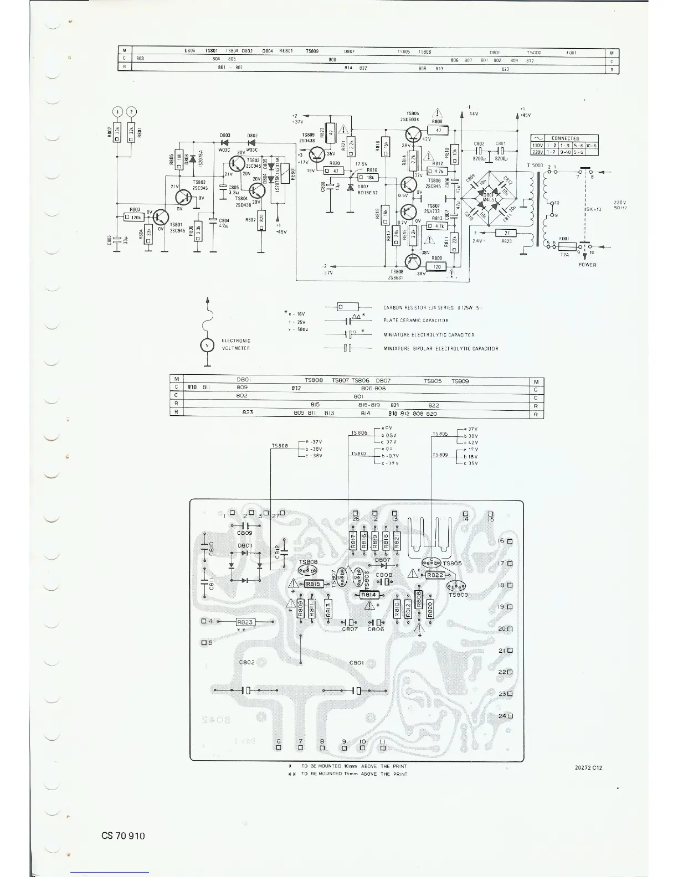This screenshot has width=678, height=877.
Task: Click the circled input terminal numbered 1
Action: pyautogui.click(x=117, y=112)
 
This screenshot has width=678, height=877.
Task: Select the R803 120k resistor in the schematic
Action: pyautogui.click(x=135, y=218)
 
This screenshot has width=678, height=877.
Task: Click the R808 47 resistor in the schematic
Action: pyautogui.click(x=438, y=131)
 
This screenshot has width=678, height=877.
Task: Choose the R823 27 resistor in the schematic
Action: pyautogui.click(x=506, y=233)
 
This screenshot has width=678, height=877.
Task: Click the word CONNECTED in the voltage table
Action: pyautogui.click(x=565, y=138)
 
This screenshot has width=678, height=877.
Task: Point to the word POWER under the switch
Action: pyautogui.click(x=587, y=265)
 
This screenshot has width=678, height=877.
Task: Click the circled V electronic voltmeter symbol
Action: pyautogui.click(x=207, y=345)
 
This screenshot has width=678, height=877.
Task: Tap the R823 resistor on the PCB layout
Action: pyautogui.click(x=245, y=622)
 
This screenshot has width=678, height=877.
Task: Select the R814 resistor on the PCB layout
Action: pyautogui.click(x=368, y=595)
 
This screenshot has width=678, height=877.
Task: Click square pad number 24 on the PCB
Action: pyautogui.click(x=509, y=715)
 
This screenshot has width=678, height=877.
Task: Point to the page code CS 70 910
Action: pyautogui.click(x=123, y=835)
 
